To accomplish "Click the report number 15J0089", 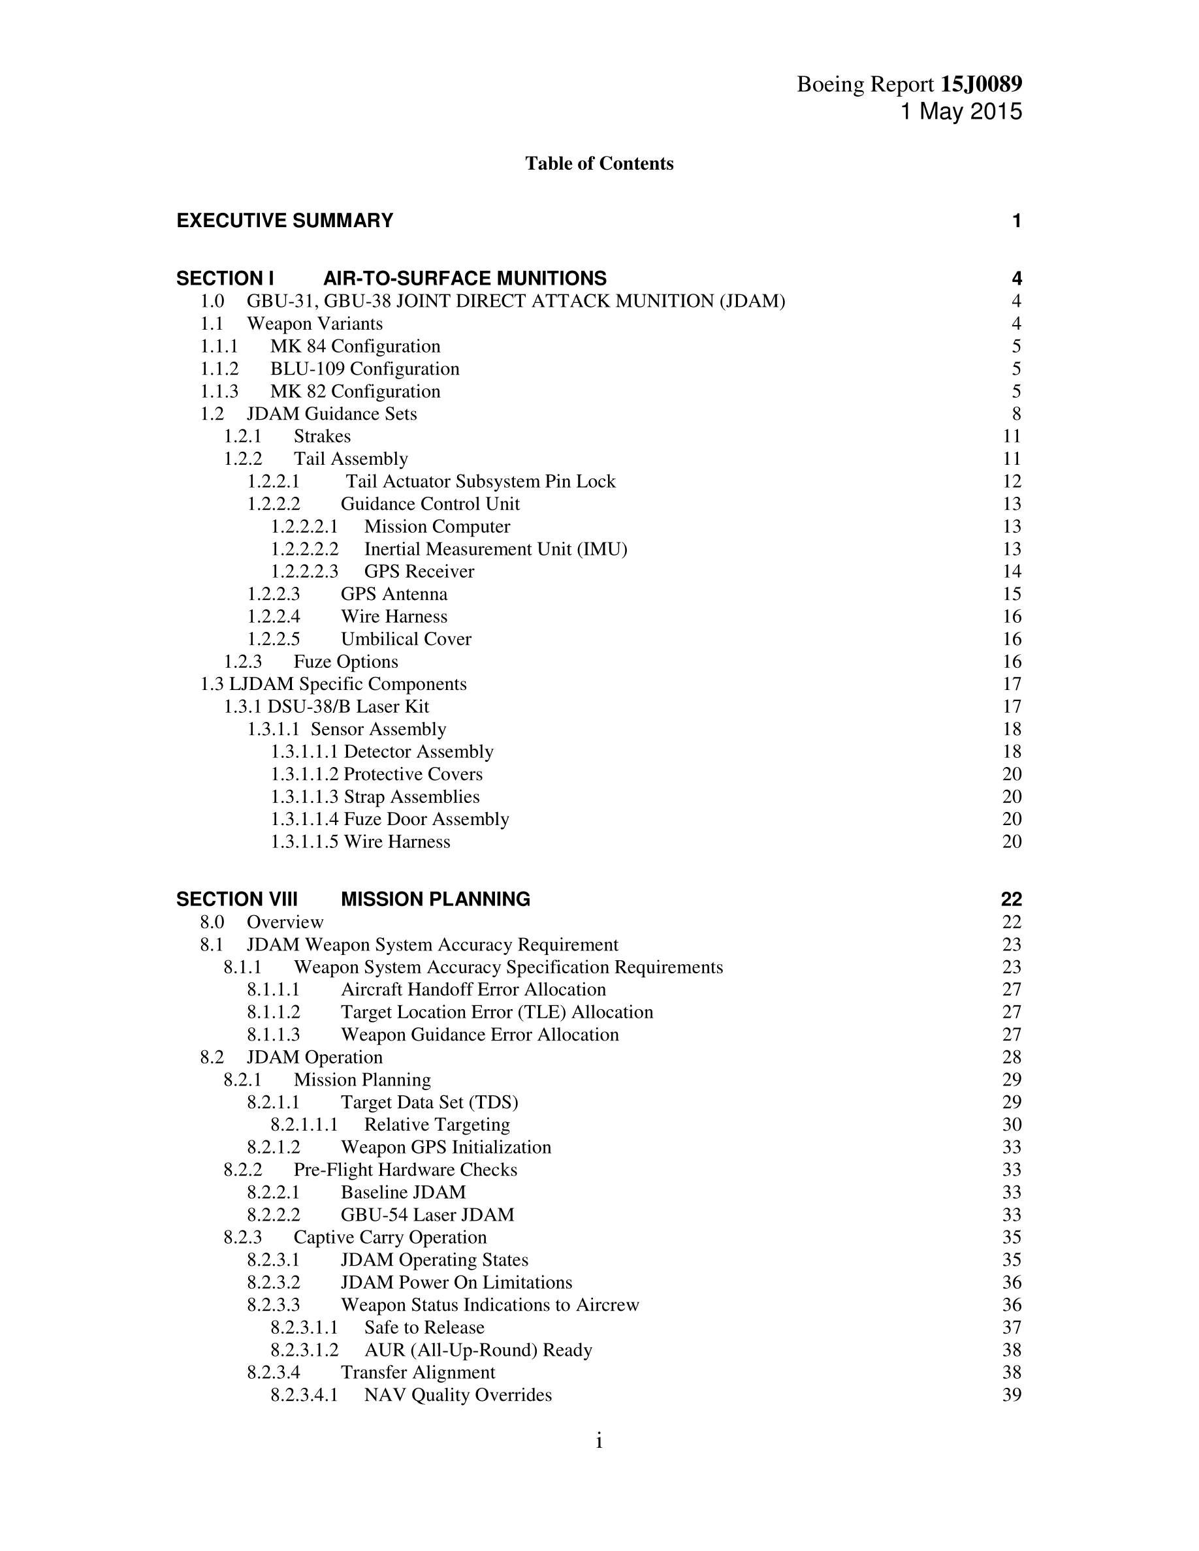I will point(981,84).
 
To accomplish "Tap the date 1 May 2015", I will point(961,112).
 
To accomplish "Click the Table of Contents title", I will point(599,163).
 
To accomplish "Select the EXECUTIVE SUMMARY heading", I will point(285,221).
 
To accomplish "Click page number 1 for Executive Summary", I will point(1016,221).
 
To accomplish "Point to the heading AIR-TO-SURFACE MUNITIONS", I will point(464,278).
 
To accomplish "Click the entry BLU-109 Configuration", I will point(364,369).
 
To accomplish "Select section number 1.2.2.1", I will point(274,482).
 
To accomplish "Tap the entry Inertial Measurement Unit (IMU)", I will point(496,549).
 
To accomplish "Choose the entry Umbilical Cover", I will point(406,639).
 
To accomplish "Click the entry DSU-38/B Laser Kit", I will point(348,706).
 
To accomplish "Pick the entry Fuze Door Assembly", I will point(426,819).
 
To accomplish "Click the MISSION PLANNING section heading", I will point(436,899).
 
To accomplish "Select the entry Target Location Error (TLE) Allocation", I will point(496,1012).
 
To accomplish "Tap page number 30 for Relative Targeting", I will point(1012,1124).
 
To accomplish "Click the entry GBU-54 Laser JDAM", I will point(427,1214).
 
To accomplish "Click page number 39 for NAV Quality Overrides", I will point(1012,1395).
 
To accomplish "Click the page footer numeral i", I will point(599,1441).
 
